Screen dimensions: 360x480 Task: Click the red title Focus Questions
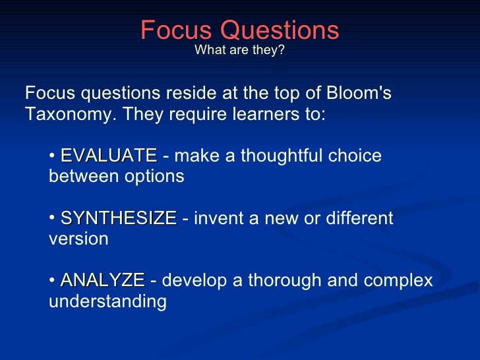tap(239, 30)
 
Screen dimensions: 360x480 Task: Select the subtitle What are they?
tap(239, 51)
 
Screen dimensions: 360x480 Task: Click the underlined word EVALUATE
tap(108, 156)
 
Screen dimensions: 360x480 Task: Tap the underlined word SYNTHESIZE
tap(119, 218)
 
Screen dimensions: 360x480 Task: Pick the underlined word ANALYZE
tap(102, 280)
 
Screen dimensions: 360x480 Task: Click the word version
tap(78, 239)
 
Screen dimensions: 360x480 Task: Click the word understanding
tap(107, 301)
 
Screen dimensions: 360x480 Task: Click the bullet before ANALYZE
tap(53, 281)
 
